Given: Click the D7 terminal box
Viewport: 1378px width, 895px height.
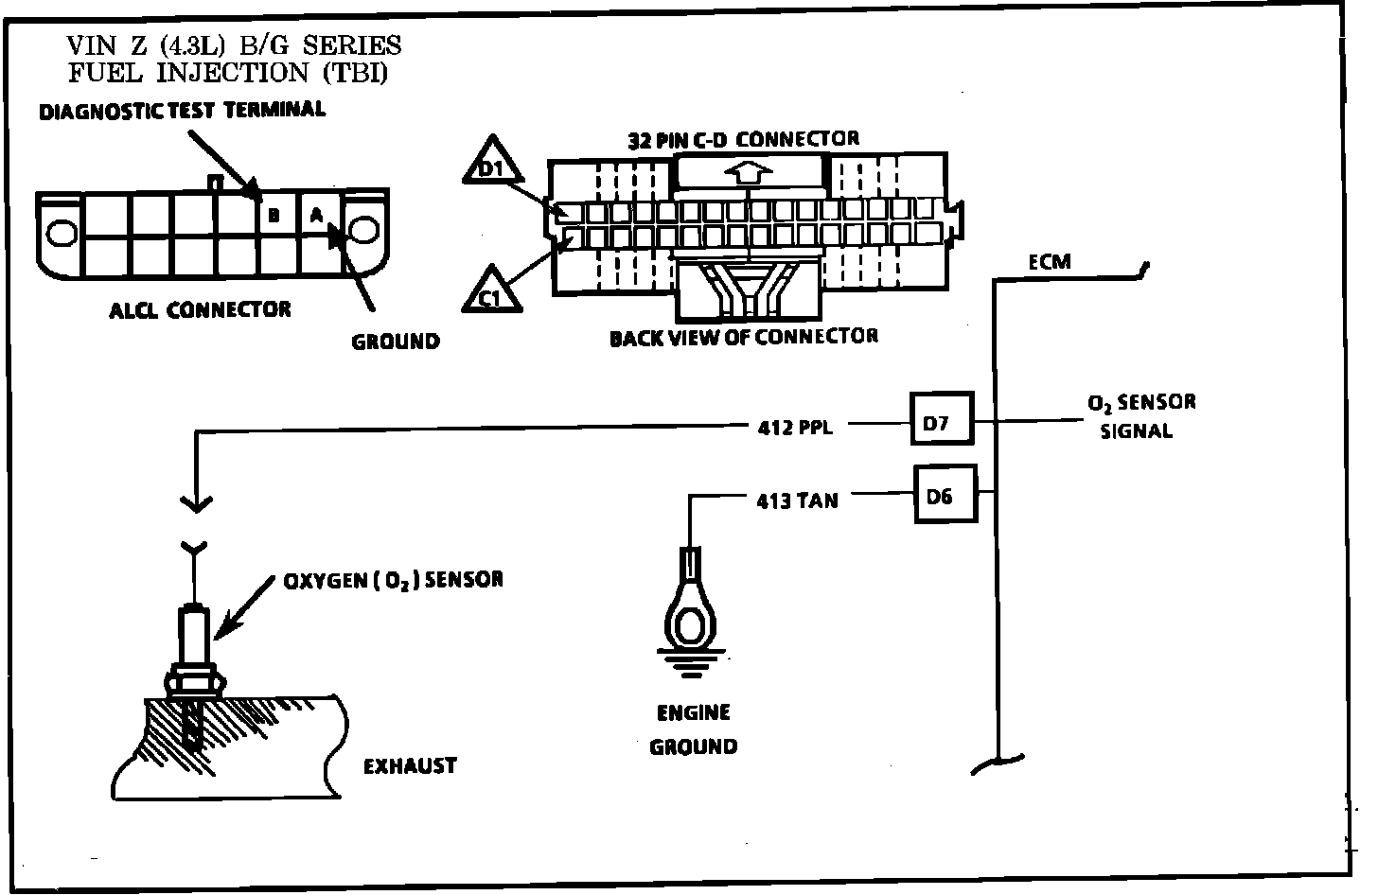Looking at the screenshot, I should click(942, 424).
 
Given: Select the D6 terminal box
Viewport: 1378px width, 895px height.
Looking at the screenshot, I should click(944, 494).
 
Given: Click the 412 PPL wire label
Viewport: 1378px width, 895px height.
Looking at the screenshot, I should click(795, 428).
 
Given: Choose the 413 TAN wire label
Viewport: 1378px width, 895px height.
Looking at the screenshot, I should click(797, 500).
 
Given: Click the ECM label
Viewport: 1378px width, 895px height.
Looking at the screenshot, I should click(1050, 261).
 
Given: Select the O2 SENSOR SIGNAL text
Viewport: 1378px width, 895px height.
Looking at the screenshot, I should click(1140, 416).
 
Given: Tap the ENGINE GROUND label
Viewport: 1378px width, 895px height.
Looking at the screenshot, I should click(694, 729).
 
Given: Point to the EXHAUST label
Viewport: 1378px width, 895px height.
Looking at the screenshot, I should click(410, 765).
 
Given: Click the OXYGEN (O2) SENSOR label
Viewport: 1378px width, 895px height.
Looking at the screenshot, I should click(394, 579).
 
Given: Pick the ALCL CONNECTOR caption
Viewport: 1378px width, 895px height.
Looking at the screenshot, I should click(200, 309).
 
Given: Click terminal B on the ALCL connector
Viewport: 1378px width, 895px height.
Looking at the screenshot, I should click(273, 217).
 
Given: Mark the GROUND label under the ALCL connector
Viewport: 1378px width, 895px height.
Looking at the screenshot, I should click(396, 342).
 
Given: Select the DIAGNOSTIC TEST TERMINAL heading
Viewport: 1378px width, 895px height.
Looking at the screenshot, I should click(182, 110).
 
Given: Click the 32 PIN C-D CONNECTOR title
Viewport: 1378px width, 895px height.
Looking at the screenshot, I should click(744, 139).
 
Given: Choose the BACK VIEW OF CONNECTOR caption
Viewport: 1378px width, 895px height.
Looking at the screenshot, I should click(743, 337).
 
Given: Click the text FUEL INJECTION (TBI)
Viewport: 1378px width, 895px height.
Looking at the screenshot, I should click(227, 72).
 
